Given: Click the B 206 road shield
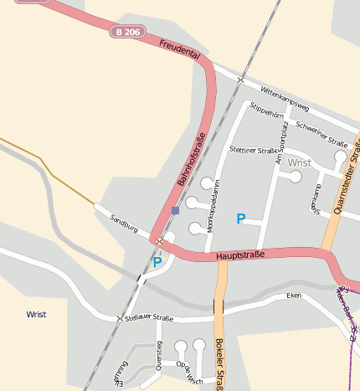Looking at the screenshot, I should coord(127,31).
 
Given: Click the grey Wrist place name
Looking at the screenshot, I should coord(299,162).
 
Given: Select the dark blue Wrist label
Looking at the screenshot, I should coord(36,315).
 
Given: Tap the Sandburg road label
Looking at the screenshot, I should coord(125,222).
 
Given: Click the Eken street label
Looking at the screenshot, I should coord(294,296).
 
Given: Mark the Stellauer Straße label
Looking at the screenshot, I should coord(152,318).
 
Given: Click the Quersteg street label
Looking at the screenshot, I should coord(159,355).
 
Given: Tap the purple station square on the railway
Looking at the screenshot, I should coord(174,210).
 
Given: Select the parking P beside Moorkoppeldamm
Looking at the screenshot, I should coord(241,219).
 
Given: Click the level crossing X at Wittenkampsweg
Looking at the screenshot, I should coord(240,80).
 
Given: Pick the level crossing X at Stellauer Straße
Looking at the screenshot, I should coord(120,318).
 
